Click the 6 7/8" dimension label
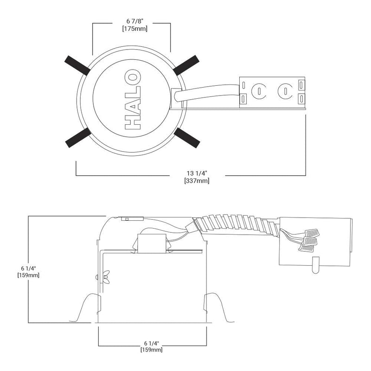(135, 21)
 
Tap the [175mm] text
(134, 29)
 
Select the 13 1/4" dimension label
(197, 173)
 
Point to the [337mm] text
(197, 181)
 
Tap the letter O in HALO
(133, 77)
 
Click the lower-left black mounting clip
(78, 138)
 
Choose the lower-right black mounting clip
(187, 138)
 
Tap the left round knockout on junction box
(259, 91)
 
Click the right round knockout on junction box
(285, 91)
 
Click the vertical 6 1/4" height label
(28, 269)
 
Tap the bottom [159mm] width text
(152, 350)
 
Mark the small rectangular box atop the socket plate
(151, 243)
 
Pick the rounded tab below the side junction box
(316, 265)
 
